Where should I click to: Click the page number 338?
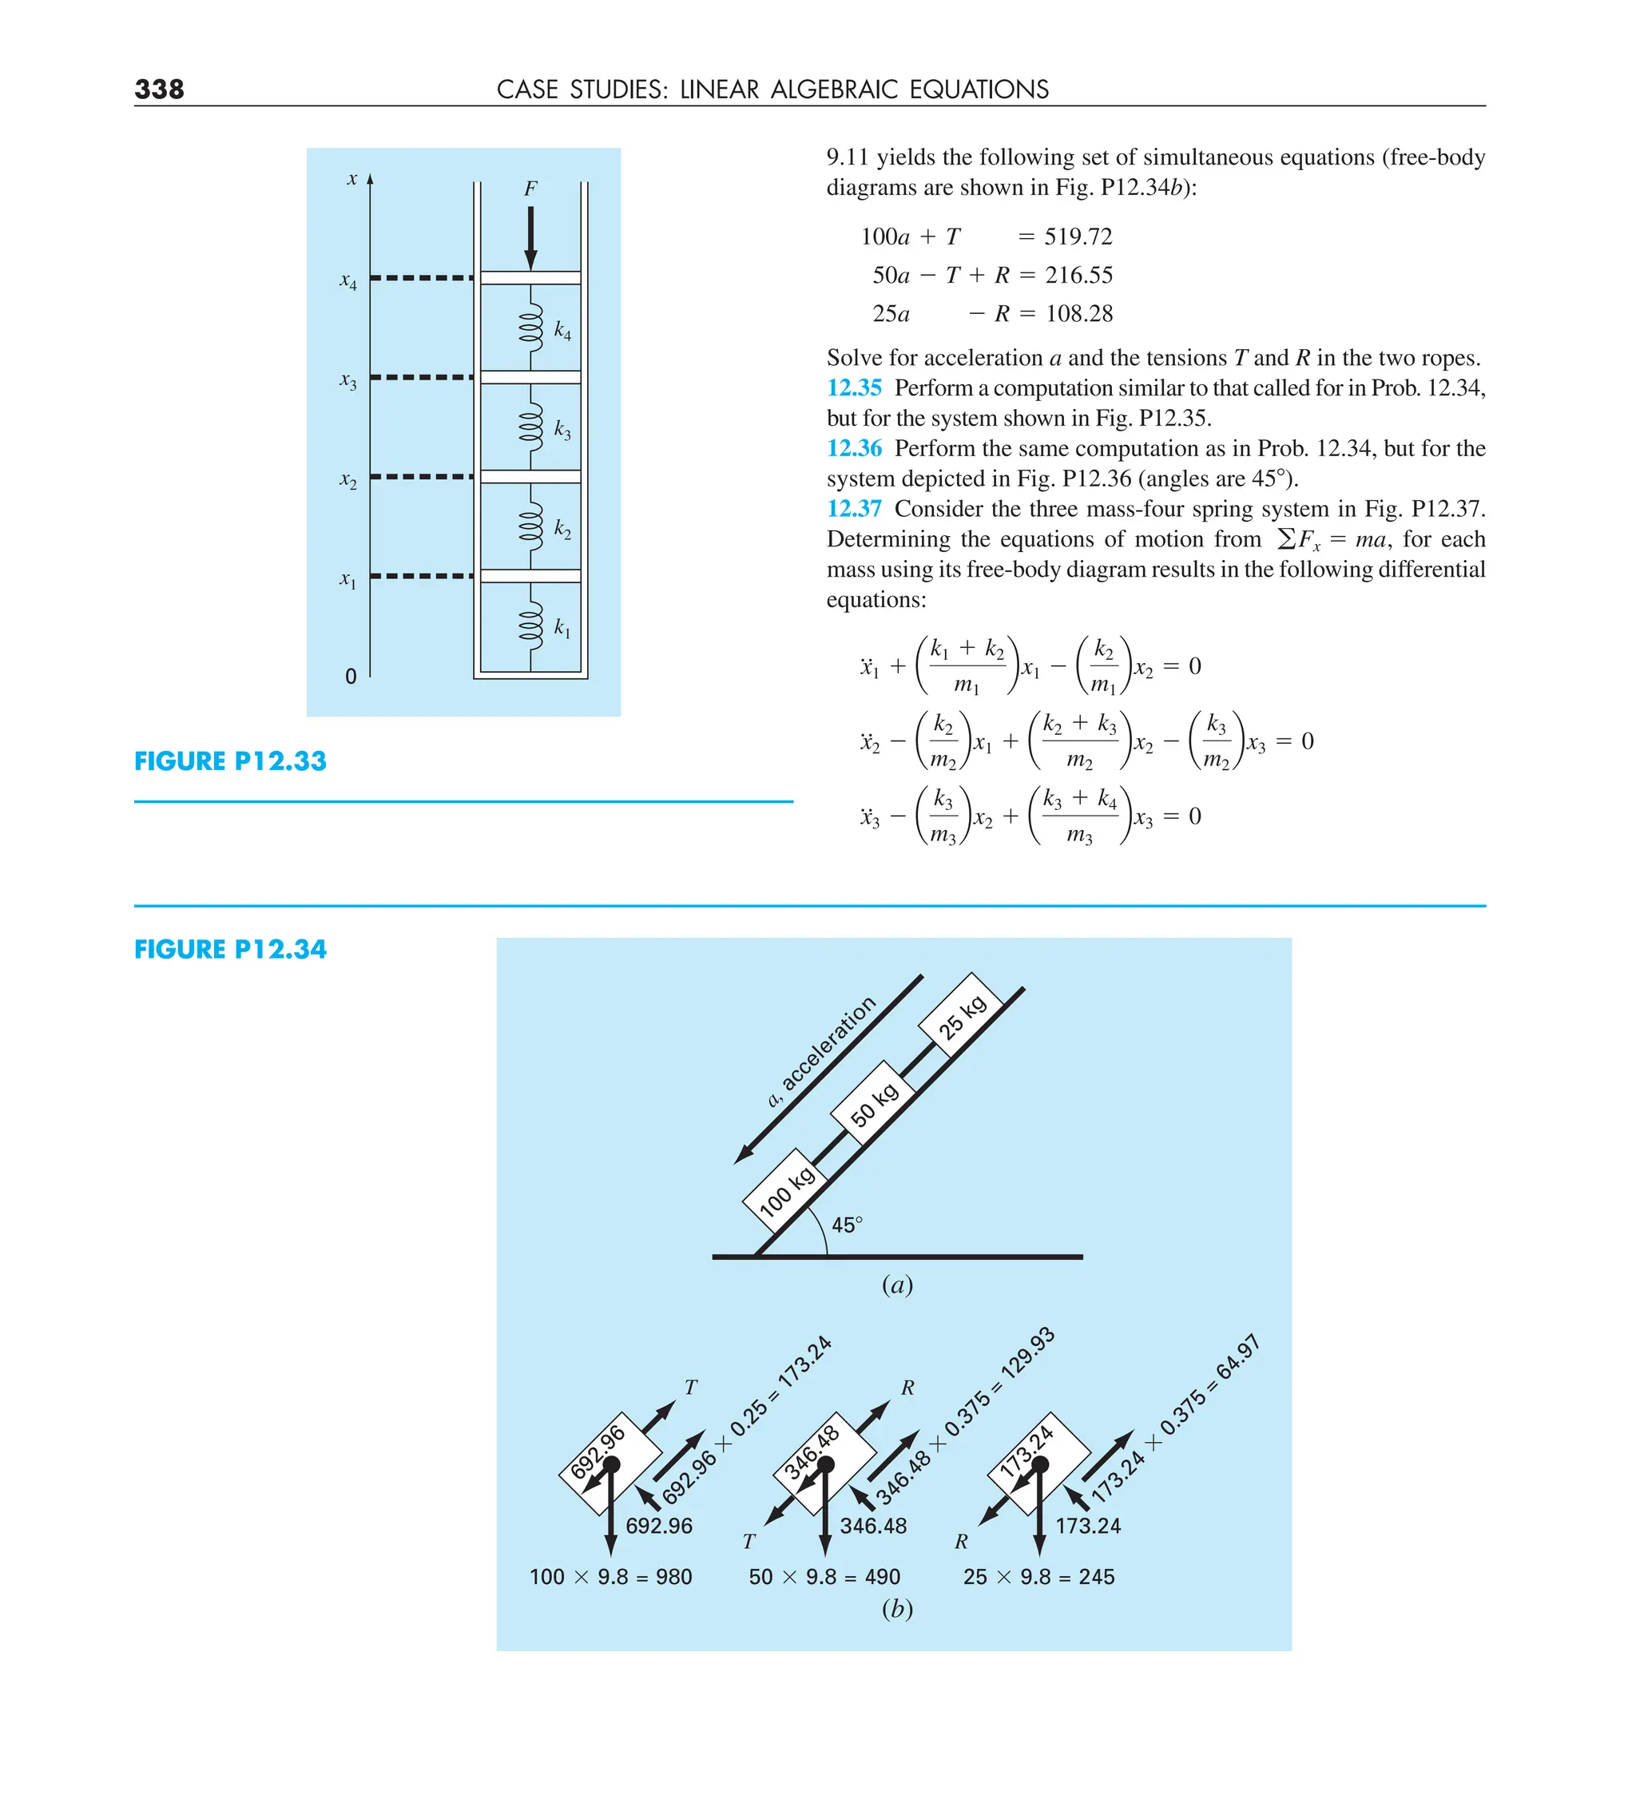click(159, 89)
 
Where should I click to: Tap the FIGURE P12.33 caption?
click(230, 761)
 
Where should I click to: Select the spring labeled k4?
click(530, 326)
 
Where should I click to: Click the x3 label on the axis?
click(347, 381)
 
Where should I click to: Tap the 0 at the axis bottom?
click(351, 677)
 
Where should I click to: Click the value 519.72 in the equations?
click(1078, 236)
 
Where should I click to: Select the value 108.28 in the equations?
click(1078, 314)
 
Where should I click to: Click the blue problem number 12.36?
click(853, 448)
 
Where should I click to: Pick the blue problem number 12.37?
click(853, 508)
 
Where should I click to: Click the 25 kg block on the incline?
click(963, 1015)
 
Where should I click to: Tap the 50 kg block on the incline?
click(873, 1103)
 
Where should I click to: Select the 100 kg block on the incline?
click(785, 1190)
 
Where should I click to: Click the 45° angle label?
click(847, 1225)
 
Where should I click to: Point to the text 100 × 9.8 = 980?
click(610, 1577)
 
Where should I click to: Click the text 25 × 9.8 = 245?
click(1038, 1577)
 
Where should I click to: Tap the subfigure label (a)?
click(896, 1285)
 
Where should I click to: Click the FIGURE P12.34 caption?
click(230, 949)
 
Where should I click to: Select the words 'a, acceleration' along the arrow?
click(820, 1050)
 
